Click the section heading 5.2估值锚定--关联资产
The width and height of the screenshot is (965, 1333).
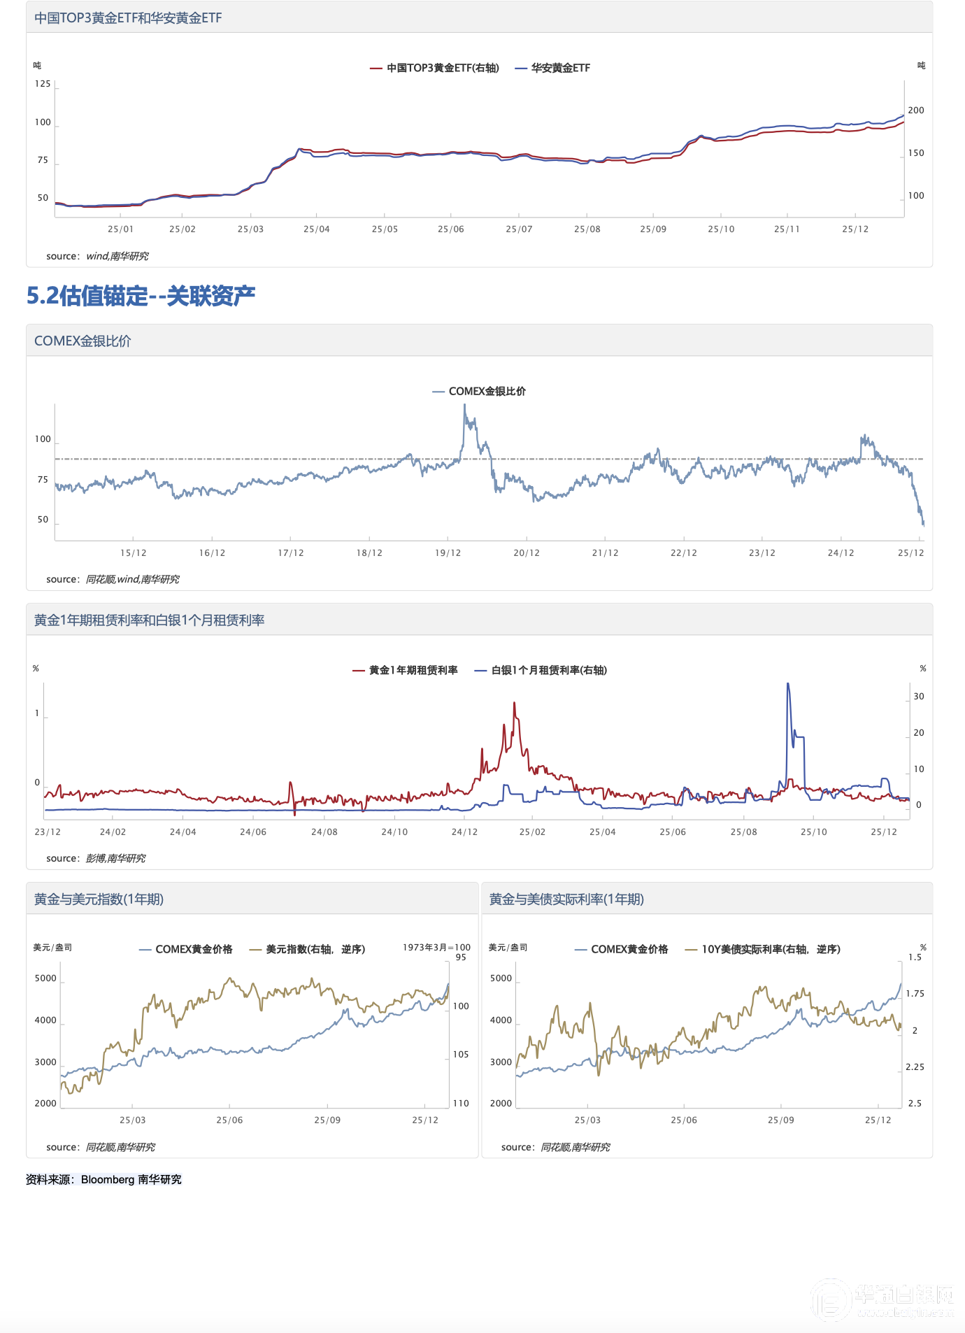[x=141, y=296]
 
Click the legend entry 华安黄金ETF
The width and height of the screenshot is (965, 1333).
[x=560, y=68]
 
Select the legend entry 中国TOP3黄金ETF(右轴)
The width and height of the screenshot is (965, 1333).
[x=443, y=68]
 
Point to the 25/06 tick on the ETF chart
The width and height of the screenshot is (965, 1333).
[x=450, y=229]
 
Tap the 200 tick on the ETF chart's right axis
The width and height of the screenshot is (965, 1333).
[x=915, y=111]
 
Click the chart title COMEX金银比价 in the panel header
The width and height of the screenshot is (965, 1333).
[x=83, y=341]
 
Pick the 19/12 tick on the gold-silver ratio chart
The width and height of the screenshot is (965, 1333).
[x=448, y=553]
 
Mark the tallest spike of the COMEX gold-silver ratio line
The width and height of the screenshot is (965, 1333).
[x=464, y=406]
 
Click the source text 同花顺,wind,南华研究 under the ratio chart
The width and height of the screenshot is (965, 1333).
[x=132, y=579]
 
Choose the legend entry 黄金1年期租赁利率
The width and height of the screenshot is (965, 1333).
[x=413, y=670]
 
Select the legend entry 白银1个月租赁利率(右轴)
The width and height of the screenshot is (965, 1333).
[x=549, y=670]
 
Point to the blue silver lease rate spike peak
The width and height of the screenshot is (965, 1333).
[x=788, y=684]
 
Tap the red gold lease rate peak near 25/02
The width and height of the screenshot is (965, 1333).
[x=514, y=703]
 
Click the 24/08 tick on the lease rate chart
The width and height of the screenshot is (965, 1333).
[x=324, y=832]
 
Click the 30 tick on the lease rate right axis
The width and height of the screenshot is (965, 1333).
[x=919, y=697]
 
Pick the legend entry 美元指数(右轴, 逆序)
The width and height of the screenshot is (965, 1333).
[x=315, y=949]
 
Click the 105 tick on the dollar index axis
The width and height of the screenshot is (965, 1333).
[x=461, y=1055]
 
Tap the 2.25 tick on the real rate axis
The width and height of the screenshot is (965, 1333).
[x=915, y=1067]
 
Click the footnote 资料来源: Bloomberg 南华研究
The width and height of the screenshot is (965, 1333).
[x=103, y=1179]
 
